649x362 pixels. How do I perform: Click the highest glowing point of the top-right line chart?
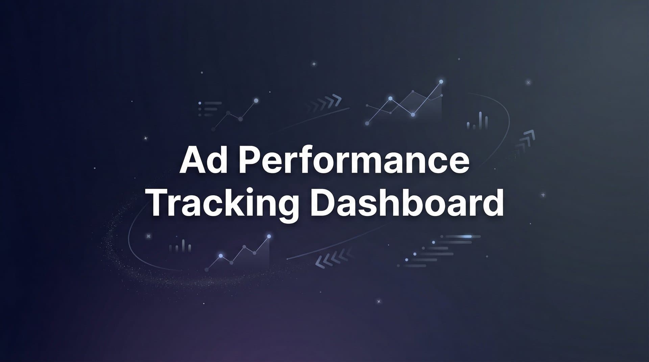pyautogui.click(x=441, y=82)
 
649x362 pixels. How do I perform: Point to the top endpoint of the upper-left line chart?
pyautogui.click(x=256, y=100)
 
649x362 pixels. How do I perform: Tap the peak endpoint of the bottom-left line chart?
pyautogui.click(x=269, y=236)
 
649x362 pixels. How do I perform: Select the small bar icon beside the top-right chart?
pyautogui.click(x=477, y=122)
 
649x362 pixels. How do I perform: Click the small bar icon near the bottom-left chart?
pyautogui.click(x=180, y=246)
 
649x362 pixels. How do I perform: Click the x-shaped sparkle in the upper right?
pyautogui.click(x=528, y=82)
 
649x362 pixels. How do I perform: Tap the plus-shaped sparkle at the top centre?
pyautogui.click(x=314, y=64)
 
